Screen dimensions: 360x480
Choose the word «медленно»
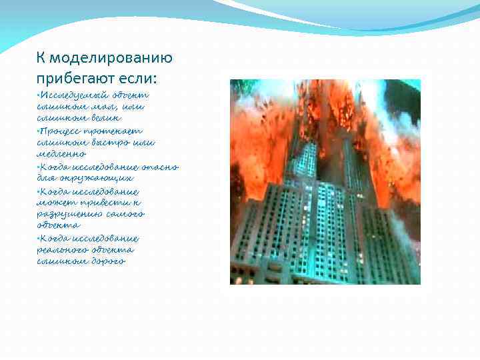(61, 154)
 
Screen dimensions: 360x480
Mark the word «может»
(55, 202)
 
